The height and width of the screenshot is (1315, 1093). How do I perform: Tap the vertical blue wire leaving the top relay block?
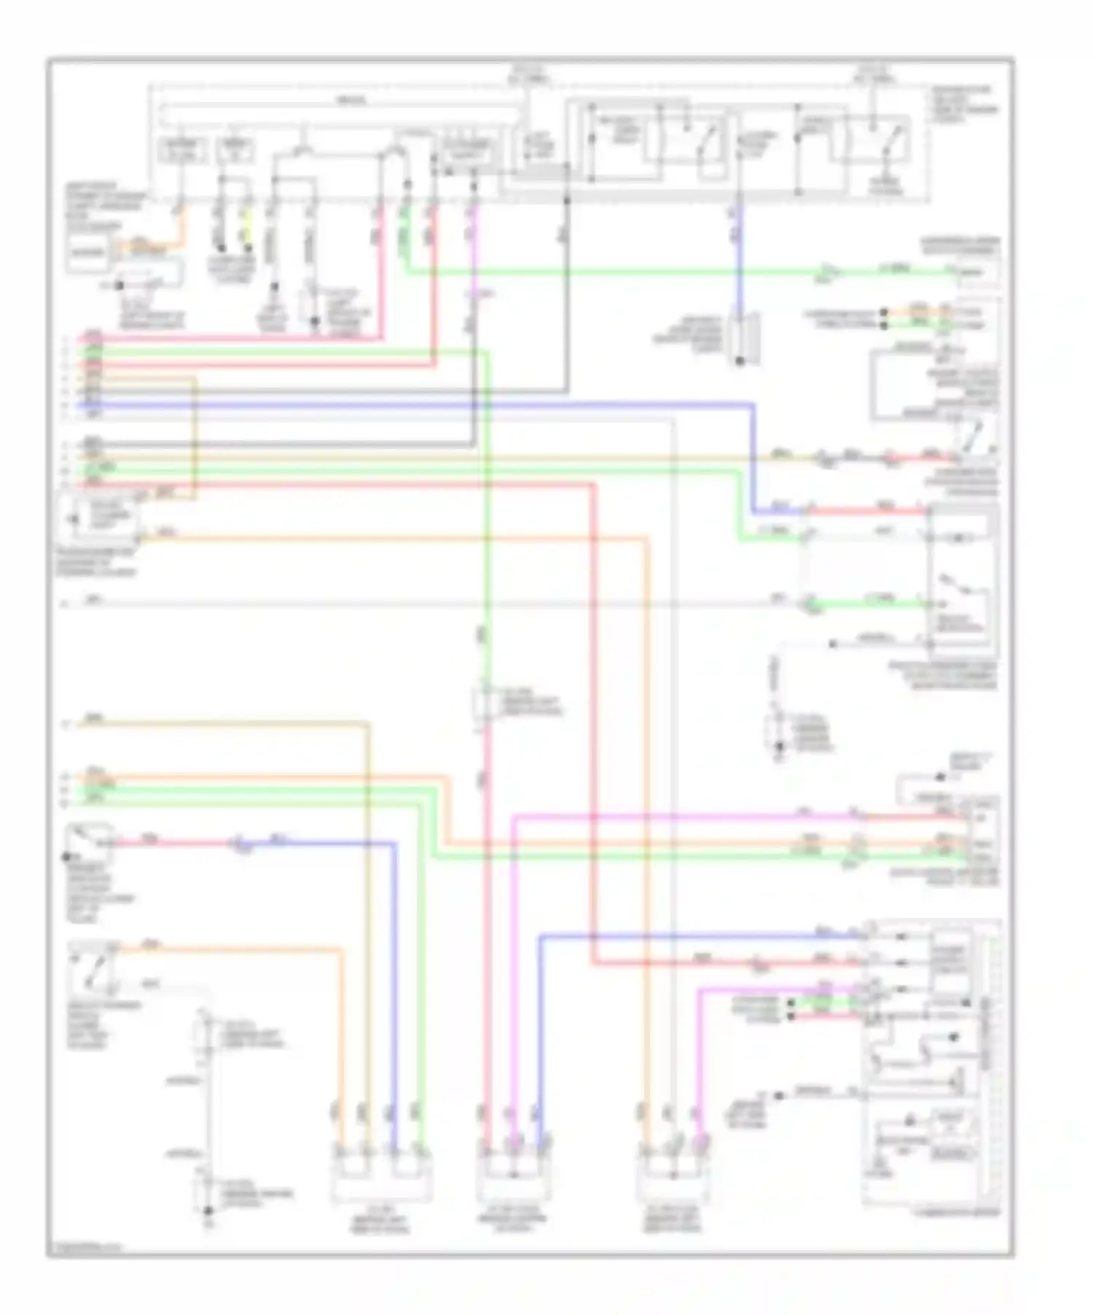(x=738, y=255)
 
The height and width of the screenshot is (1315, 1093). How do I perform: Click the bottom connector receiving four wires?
(x=380, y=1174)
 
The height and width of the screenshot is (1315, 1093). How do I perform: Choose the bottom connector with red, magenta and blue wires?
(x=514, y=1174)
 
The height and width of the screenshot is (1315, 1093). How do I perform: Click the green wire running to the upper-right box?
(x=656, y=273)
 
